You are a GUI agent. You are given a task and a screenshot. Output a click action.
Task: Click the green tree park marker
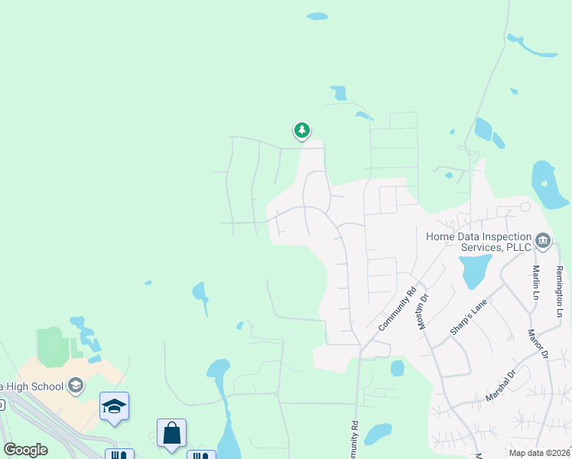(302, 131)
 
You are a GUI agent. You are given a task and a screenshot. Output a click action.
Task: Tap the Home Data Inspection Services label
(479, 242)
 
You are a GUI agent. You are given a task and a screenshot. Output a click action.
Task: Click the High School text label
(31, 386)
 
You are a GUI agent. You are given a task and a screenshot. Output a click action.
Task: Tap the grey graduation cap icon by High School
(75, 386)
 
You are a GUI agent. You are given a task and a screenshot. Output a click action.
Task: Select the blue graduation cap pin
(114, 407)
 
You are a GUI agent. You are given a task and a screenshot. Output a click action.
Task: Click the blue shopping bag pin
(172, 433)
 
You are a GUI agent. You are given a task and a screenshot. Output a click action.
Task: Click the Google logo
(25, 450)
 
